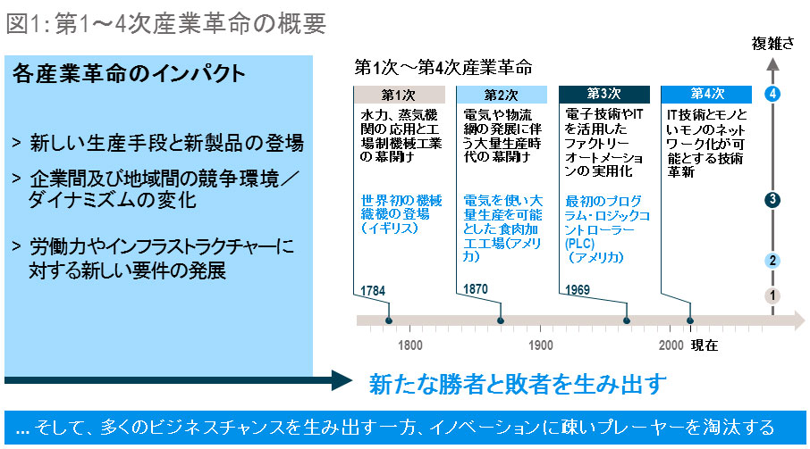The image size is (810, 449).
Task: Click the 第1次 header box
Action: pos(399,94)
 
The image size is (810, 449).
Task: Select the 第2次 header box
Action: pos(502,94)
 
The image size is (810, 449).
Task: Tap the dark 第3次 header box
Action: pos(603,94)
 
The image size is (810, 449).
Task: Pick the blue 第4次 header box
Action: pos(706,94)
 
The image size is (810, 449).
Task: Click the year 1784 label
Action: pos(375,290)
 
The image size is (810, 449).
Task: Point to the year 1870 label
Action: pos(477,290)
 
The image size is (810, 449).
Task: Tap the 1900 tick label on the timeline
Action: pos(540,345)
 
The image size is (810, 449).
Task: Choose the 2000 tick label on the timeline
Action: pos(671,345)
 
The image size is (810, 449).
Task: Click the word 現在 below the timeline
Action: pos(705,345)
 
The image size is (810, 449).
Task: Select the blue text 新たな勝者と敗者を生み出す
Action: pos(519,384)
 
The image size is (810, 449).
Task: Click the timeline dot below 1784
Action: pos(389,321)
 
